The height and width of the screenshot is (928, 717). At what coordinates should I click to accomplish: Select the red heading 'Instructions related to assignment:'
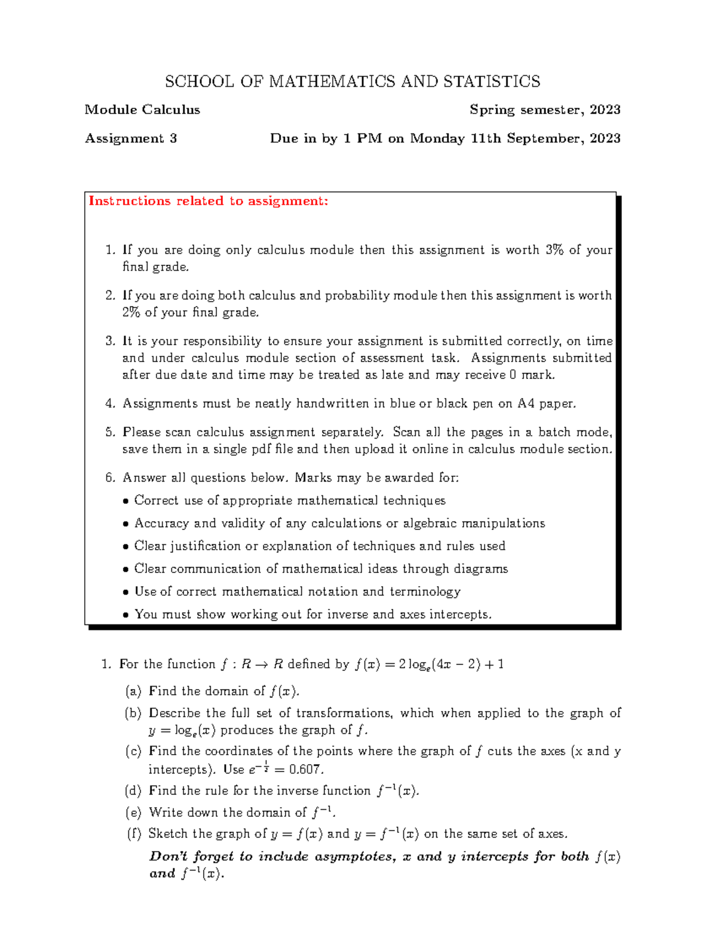[x=208, y=201]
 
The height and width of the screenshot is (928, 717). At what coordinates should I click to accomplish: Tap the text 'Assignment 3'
[x=131, y=139]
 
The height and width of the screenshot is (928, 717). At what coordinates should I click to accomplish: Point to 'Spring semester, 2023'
[x=545, y=110]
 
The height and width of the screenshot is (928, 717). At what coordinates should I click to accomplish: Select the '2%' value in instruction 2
[x=131, y=312]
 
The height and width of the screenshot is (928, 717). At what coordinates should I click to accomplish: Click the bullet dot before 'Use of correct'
[x=125, y=592]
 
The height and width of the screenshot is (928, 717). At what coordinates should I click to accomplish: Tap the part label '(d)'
[x=133, y=791]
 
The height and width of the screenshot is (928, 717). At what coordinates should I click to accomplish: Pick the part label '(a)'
[x=133, y=691]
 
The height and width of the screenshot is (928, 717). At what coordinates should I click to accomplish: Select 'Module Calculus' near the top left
[x=142, y=110]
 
